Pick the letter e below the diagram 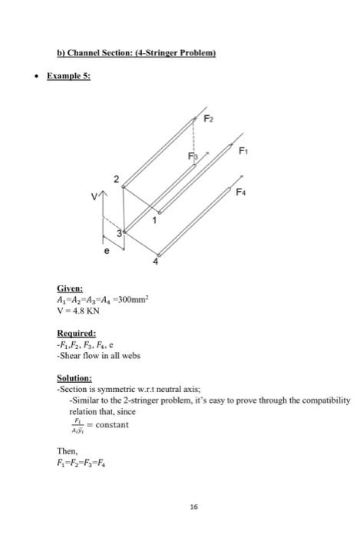(107, 250)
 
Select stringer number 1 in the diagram (154, 220)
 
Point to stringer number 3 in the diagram (120, 233)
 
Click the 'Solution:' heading (76, 378)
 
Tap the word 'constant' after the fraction (113, 423)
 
